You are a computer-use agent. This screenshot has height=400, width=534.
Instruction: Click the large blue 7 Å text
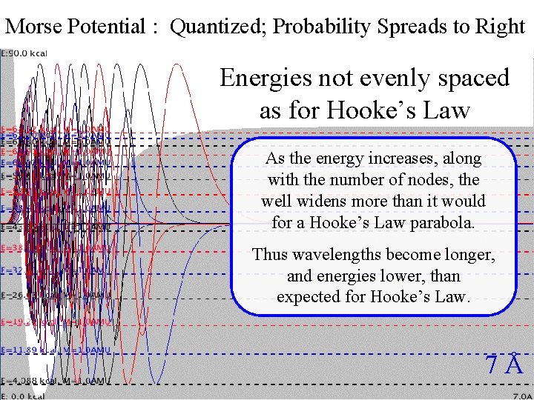[x=504, y=364]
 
